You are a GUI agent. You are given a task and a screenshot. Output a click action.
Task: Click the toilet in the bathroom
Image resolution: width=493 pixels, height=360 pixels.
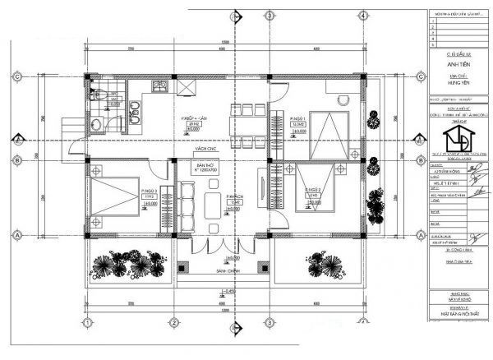98,123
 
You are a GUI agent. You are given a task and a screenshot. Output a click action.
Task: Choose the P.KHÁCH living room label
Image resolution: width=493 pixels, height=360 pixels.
233,198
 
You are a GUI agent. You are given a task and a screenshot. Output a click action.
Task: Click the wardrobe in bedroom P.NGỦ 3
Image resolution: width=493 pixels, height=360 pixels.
165,205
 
